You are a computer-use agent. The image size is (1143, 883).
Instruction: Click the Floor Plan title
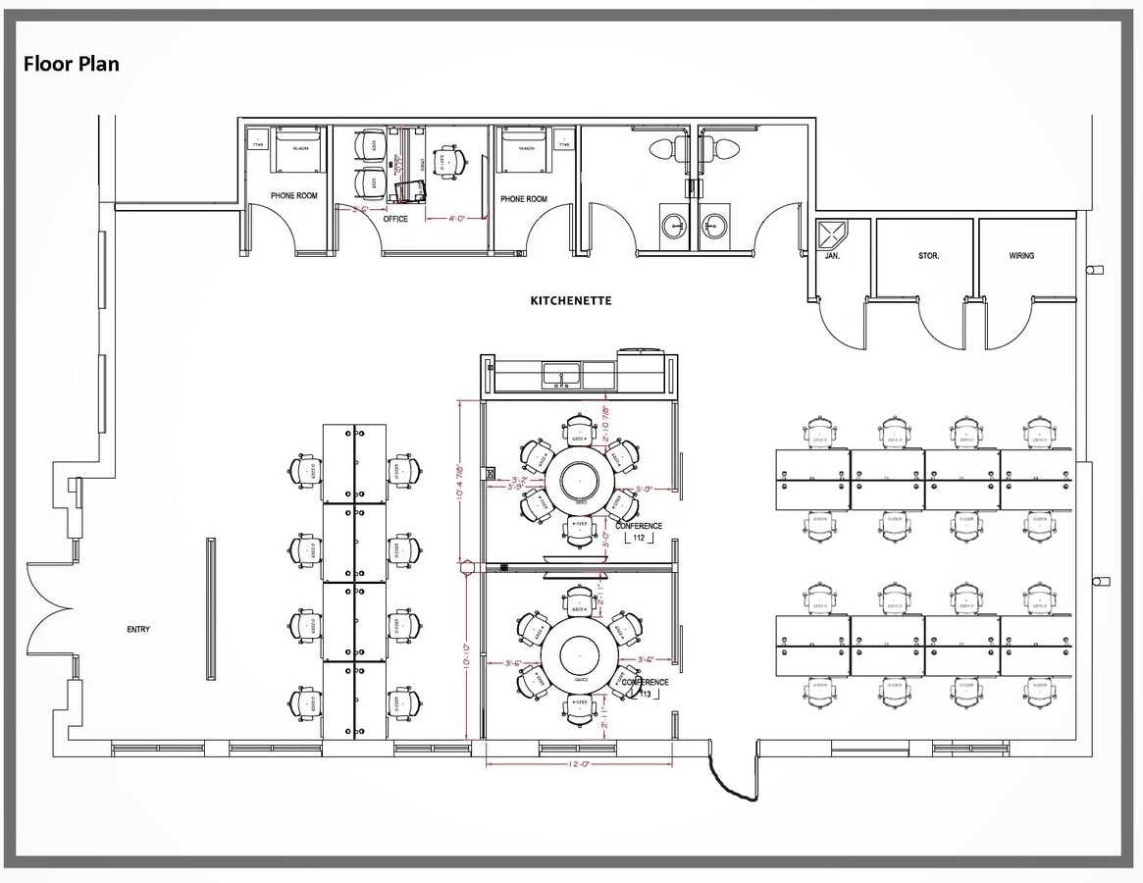click(72, 65)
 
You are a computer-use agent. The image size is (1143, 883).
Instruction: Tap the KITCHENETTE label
click(570, 301)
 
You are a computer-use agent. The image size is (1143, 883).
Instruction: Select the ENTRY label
click(138, 629)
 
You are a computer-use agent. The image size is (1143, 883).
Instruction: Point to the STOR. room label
click(928, 256)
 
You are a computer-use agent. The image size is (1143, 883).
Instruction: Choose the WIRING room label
click(1021, 256)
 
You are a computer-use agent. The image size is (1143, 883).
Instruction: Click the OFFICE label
click(395, 219)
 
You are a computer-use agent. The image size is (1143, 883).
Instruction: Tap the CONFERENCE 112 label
click(639, 532)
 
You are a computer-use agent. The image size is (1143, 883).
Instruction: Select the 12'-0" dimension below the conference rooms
click(578, 764)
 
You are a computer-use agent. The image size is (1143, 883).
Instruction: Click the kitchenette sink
click(560, 374)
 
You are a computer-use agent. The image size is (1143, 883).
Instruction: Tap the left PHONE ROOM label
click(294, 196)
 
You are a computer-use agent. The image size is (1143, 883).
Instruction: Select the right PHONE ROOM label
click(524, 199)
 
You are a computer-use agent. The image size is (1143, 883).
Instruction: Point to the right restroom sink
click(713, 226)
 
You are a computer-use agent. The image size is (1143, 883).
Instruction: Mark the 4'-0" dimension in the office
click(456, 219)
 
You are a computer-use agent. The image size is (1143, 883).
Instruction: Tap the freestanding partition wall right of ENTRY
click(210, 608)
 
